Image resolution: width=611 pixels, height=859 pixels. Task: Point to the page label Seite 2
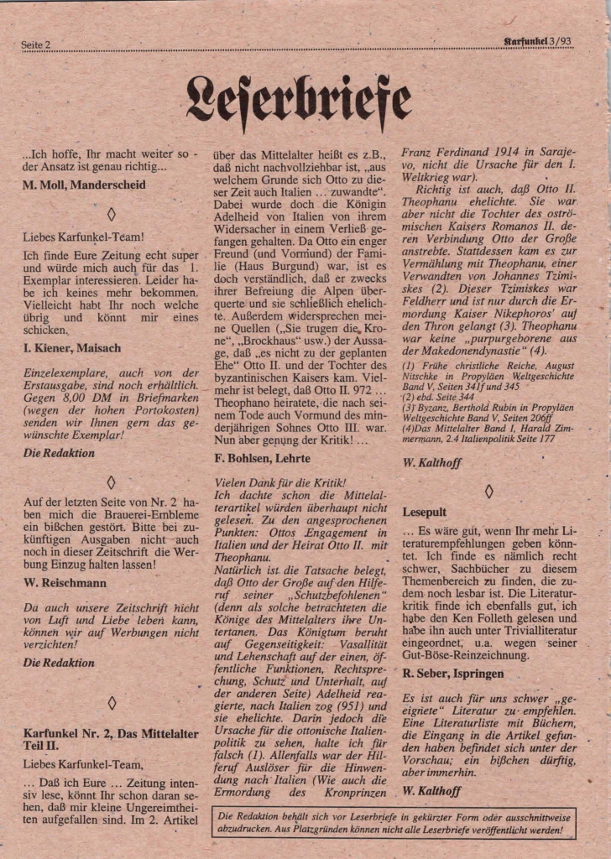point(37,44)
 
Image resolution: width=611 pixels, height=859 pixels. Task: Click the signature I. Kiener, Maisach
point(71,347)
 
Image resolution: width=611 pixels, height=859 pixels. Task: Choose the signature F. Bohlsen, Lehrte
point(263,459)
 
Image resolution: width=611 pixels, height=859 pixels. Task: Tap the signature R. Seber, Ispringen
point(453,673)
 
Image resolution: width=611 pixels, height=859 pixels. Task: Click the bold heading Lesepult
point(425,511)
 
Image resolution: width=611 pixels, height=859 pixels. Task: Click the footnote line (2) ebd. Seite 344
point(441,397)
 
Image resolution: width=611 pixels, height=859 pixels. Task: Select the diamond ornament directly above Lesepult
point(489,492)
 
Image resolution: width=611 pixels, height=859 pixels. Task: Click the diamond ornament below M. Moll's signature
point(112,214)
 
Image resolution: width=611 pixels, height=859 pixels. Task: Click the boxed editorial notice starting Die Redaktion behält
point(395,823)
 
